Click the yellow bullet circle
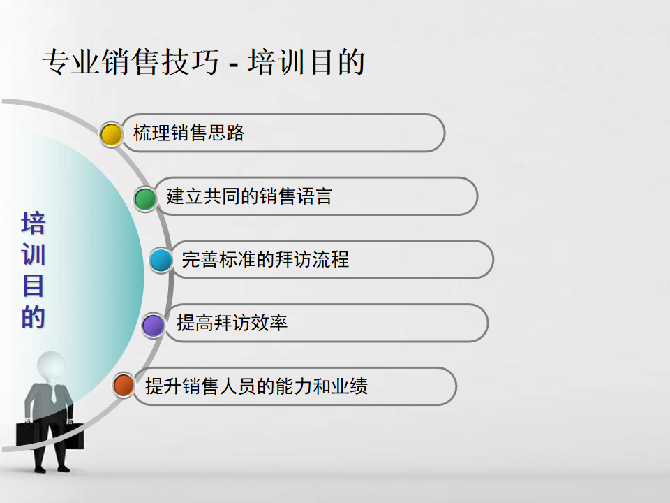pyautogui.click(x=111, y=135)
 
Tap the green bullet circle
pyautogui.click(x=145, y=198)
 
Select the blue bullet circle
pyautogui.click(x=161, y=260)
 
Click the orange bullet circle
pyautogui.click(x=124, y=384)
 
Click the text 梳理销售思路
pyautogui.click(x=188, y=133)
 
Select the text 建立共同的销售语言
pyautogui.click(x=249, y=196)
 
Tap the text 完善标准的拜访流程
pyautogui.click(x=265, y=260)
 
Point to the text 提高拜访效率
pyautogui.click(x=232, y=323)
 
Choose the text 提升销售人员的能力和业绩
pyautogui.click(x=256, y=386)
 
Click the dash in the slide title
pyautogui.click(x=233, y=66)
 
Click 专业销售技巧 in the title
pyautogui.click(x=131, y=61)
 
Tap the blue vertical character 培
pyautogui.click(x=33, y=223)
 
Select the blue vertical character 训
pyautogui.click(x=33, y=254)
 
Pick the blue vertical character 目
pyautogui.click(x=33, y=286)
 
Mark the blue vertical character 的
pyautogui.click(x=33, y=317)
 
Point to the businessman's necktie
pyautogui.click(x=54, y=394)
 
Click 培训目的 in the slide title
pyautogui.click(x=306, y=61)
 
